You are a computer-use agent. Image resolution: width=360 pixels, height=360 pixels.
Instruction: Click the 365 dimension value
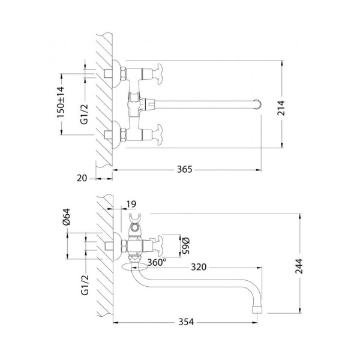tap(184, 170)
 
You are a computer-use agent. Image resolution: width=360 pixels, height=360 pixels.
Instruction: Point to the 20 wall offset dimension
tap(83, 178)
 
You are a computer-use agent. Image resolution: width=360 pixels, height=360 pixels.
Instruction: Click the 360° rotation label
tap(158, 262)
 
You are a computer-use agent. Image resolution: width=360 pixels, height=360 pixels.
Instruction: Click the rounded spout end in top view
tap(259, 104)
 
